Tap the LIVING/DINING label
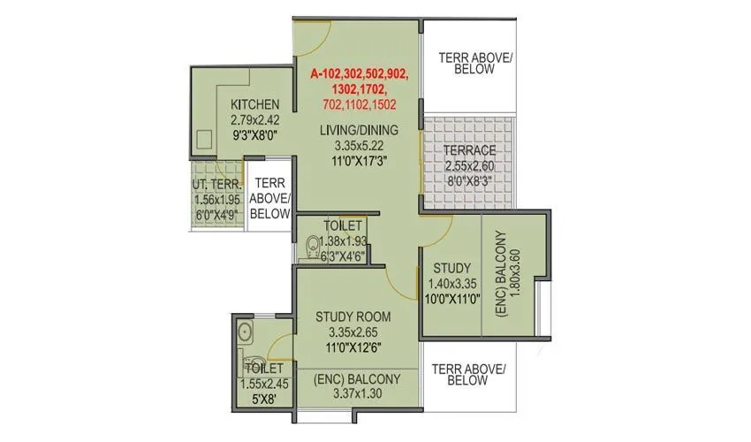(359, 131)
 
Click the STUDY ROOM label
(353, 316)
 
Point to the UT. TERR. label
(215, 185)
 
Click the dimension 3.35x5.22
(359, 146)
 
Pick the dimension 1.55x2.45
(264, 384)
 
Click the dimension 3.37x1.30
(358, 394)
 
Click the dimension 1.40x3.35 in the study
(451, 284)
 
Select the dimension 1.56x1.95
(215, 199)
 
